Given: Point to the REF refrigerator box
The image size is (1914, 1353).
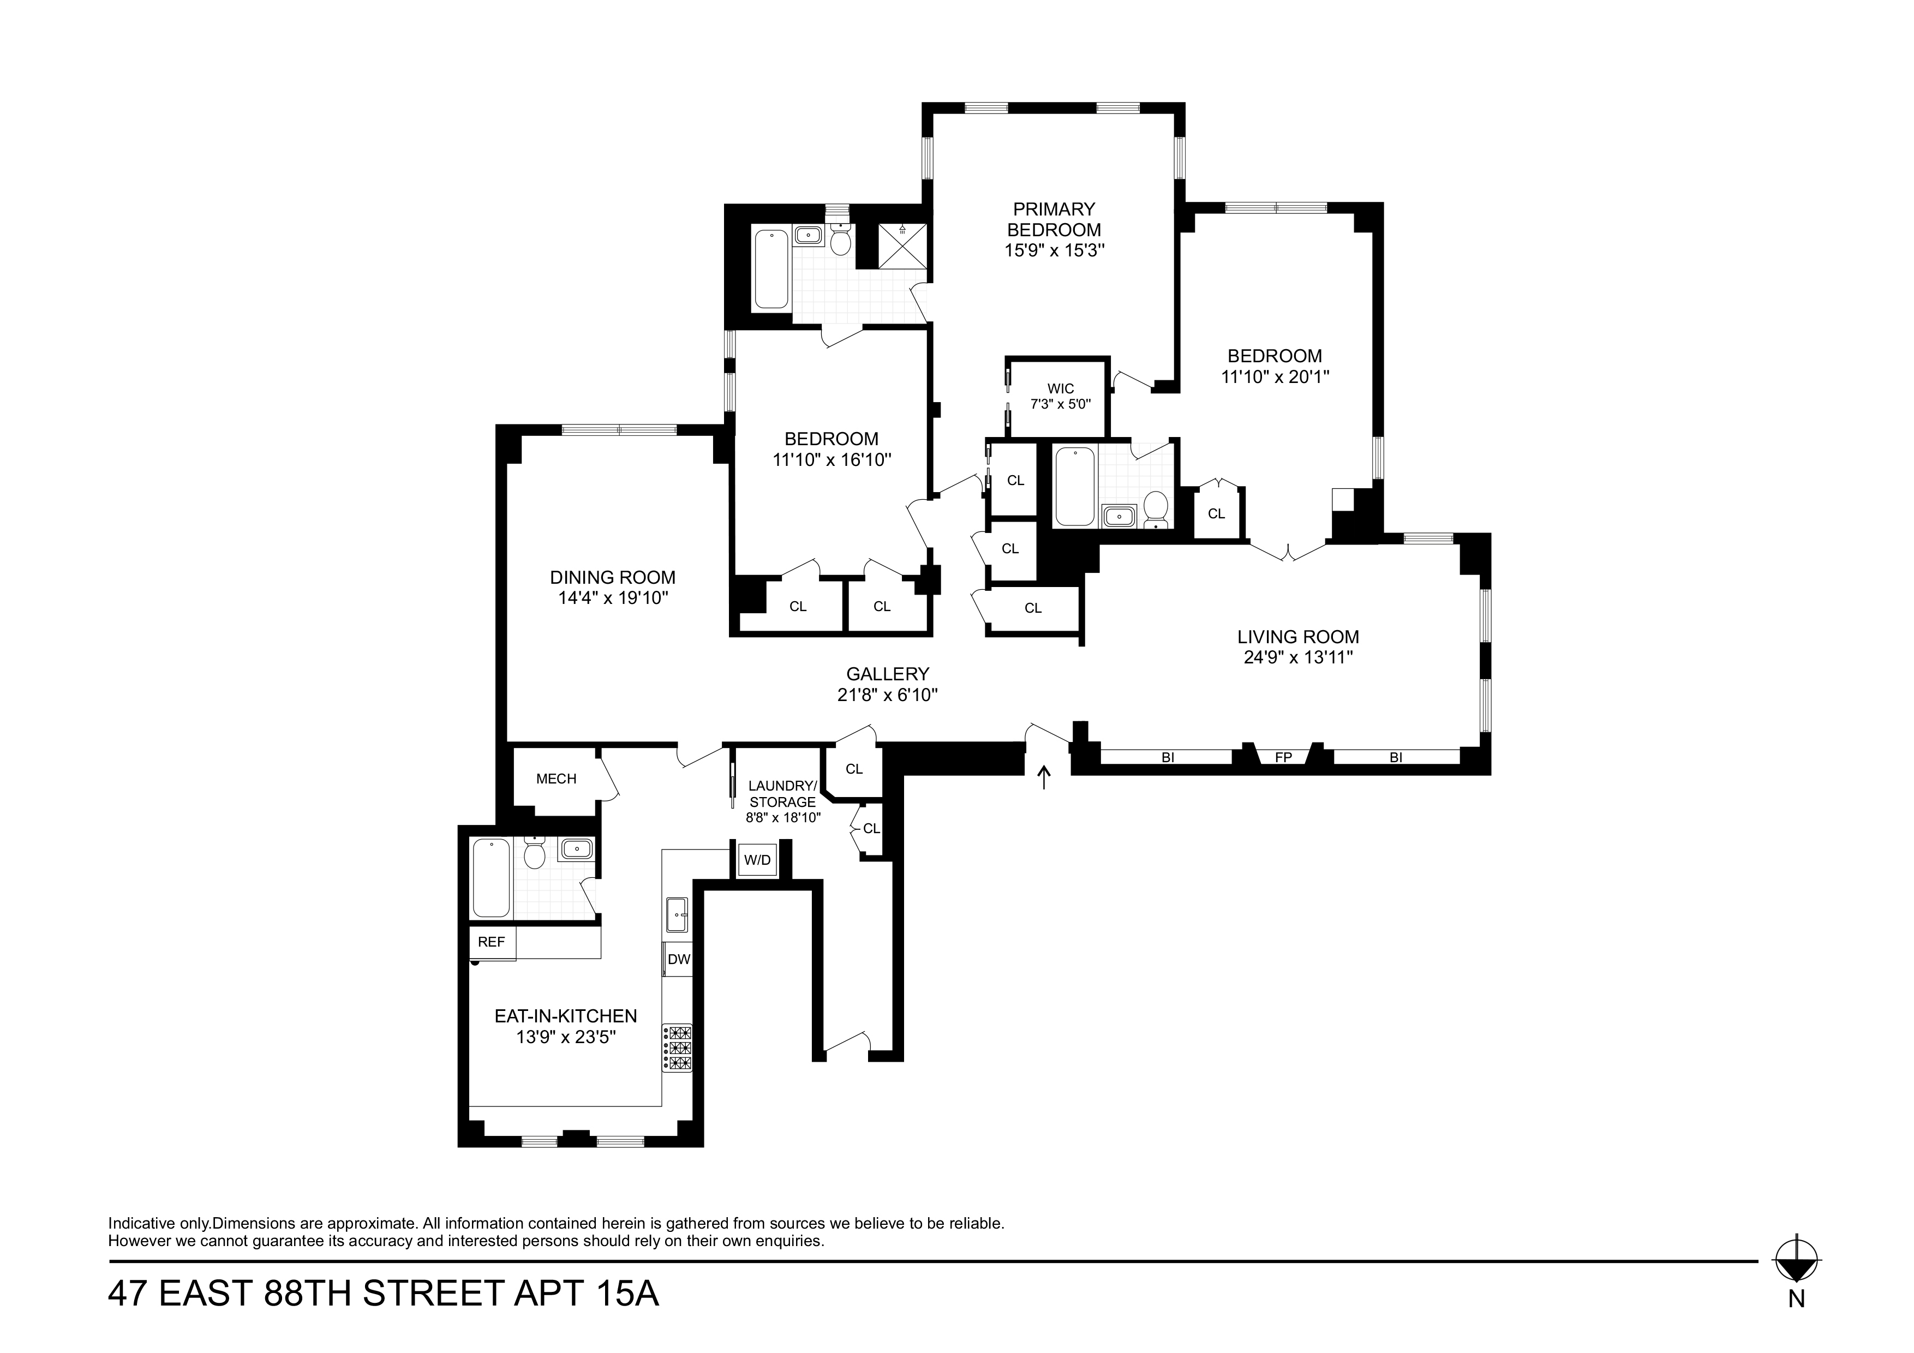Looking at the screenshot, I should tap(492, 942).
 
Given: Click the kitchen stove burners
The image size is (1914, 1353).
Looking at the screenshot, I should tap(678, 1047).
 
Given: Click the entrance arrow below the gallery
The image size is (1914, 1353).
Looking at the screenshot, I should tap(1043, 778).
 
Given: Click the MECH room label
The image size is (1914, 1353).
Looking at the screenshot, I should tap(556, 779).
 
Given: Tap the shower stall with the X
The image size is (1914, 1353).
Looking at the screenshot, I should tap(903, 246).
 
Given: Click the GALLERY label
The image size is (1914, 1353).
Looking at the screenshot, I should tap(887, 674).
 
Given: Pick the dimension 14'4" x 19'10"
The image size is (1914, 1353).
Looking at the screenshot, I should tap(614, 598).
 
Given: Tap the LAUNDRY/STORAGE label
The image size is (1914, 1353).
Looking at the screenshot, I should tap(782, 794).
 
